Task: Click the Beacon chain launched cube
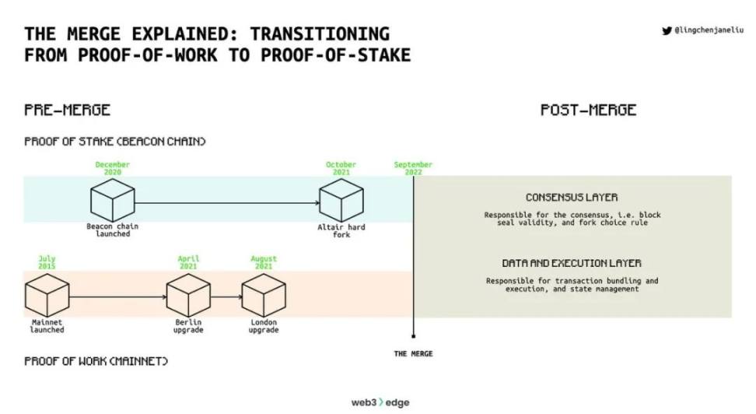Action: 113,201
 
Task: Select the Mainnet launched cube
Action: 47,296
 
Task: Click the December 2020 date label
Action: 113,169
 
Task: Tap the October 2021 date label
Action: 341,169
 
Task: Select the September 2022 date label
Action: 413,169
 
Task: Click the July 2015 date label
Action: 47,263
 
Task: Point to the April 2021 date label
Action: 188,263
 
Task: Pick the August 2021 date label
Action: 264,263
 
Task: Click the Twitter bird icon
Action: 666,31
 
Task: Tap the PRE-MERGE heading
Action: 68,110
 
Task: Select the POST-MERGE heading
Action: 588,110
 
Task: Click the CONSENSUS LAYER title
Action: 572,198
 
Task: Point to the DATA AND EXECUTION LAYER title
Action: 572,264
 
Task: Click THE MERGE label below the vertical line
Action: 413,354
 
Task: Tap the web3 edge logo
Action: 380,402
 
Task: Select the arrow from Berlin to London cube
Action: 226,296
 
